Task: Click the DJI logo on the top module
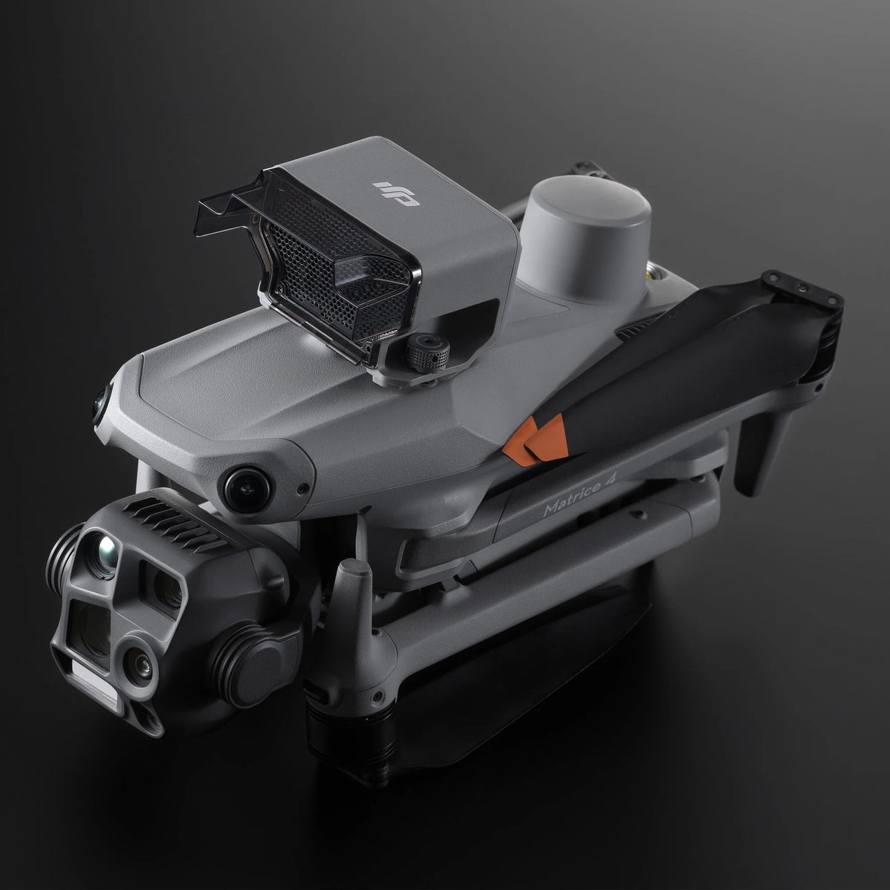pyautogui.click(x=396, y=193)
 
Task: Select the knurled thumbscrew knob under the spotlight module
pyautogui.click(x=428, y=353)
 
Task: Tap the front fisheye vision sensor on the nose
pyautogui.click(x=247, y=489)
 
